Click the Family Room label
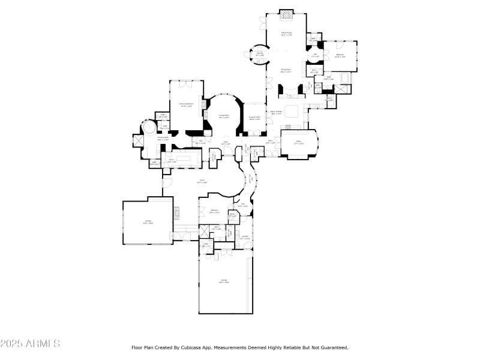click(286, 34)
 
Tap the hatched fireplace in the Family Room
click(288, 14)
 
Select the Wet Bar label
click(260, 55)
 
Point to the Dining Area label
click(286, 71)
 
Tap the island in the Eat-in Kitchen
click(292, 112)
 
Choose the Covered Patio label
click(254, 119)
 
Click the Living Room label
click(224, 116)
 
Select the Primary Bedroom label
click(185, 105)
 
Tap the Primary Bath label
click(163, 138)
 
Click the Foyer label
click(224, 144)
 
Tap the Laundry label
click(245, 238)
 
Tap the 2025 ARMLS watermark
click(30, 344)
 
